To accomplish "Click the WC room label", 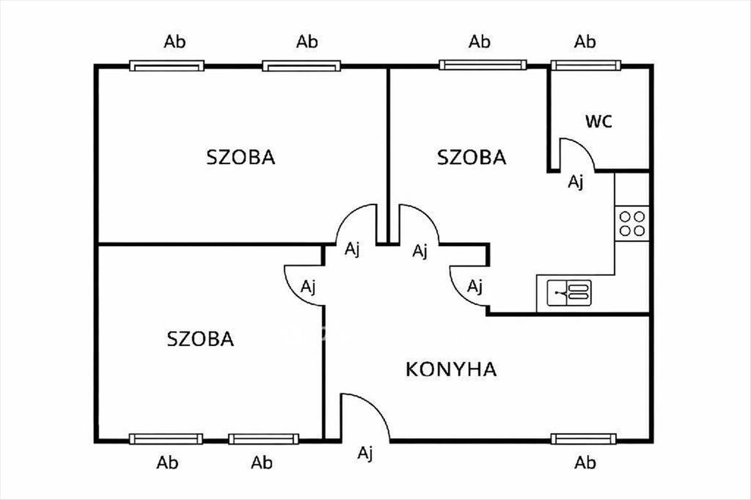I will (x=598, y=121).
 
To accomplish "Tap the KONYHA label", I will (x=451, y=369).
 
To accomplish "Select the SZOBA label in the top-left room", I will (x=241, y=157).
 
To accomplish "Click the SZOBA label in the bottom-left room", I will (x=200, y=339).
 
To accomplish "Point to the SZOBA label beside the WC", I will (x=471, y=157).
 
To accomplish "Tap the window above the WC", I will (x=586, y=65).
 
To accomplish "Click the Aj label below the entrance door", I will (x=365, y=453).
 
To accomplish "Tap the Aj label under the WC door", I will (x=576, y=182).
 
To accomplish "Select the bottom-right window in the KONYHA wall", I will (x=583, y=439).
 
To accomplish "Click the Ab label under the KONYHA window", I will (x=585, y=463).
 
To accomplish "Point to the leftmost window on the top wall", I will (x=167, y=65).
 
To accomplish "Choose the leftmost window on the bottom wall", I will (x=166, y=439).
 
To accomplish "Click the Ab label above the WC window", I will (x=585, y=42).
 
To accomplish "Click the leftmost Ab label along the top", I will (x=175, y=42).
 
